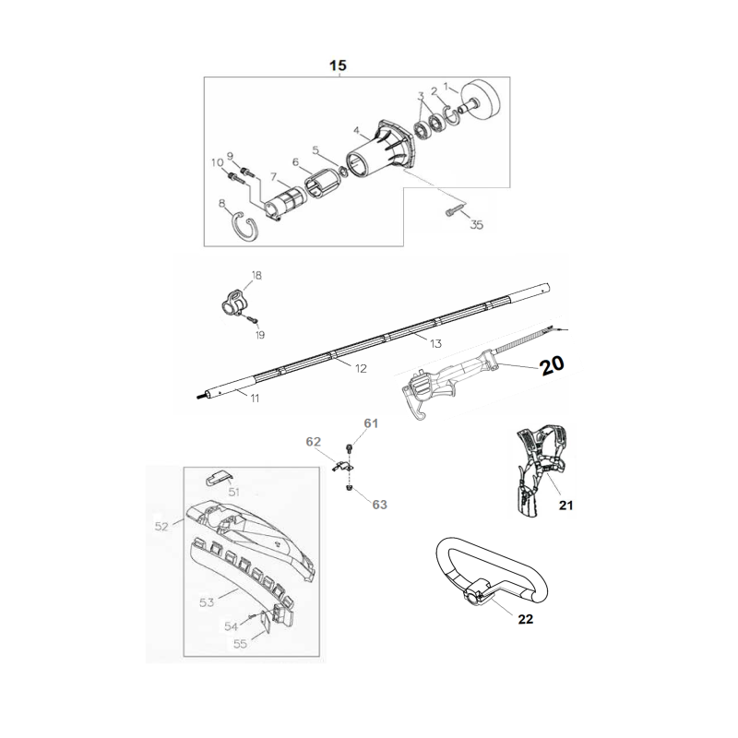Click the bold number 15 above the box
338,65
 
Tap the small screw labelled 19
250,319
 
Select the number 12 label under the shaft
361,368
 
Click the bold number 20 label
551,365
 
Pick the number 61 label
371,423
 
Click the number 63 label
380,505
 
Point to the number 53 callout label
208,601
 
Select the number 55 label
240,645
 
